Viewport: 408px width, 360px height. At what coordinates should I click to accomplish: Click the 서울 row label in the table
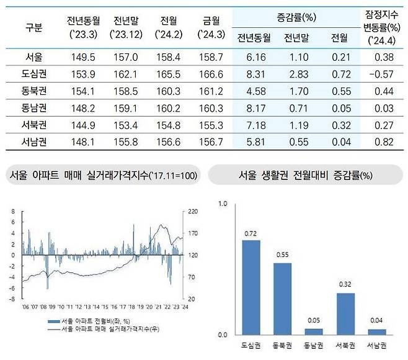[34, 57]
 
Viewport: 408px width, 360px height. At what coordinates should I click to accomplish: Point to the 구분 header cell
[34, 28]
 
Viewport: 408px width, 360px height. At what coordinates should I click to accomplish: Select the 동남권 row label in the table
[34, 109]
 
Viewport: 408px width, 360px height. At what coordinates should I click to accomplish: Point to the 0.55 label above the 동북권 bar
[283, 255]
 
